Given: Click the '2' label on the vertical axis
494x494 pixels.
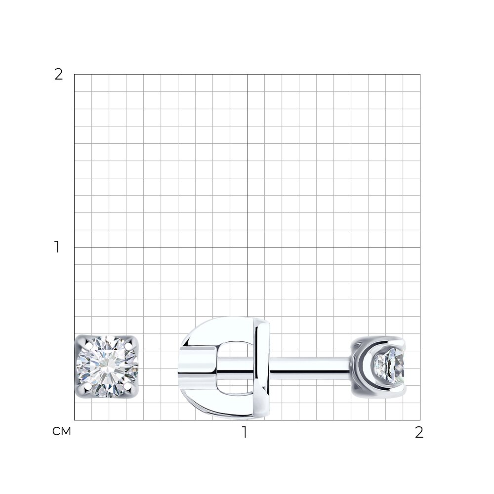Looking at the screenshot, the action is pyautogui.click(x=59, y=75).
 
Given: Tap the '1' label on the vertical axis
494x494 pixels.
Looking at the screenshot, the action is pyautogui.click(x=57, y=247).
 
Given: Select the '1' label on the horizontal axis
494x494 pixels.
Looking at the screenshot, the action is pyautogui.click(x=245, y=432).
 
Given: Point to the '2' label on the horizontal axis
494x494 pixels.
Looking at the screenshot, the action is pyautogui.click(x=419, y=432).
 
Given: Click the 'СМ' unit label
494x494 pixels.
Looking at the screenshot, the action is pyautogui.click(x=62, y=431).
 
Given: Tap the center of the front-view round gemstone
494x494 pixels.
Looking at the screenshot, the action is pyautogui.click(x=107, y=367).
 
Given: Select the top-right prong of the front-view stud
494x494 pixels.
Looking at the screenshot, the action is pyautogui.click(x=128, y=345).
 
